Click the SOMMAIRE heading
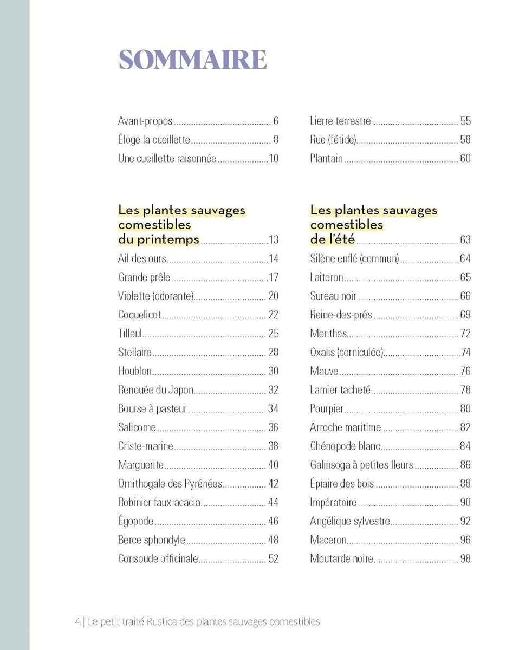[x=192, y=60]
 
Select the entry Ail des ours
[x=142, y=259]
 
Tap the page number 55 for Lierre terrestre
[x=465, y=121]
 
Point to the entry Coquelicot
[x=139, y=315]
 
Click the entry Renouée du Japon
[x=155, y=390]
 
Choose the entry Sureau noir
[x=333, y=296]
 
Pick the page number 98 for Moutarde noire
[x=465, y=559]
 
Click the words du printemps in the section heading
[x=159, y=239]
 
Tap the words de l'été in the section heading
[x=333, y=239]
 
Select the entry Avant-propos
[x=145, y=121]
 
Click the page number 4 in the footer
[x=78, y=622]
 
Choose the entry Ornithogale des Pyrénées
[x=170, y=484]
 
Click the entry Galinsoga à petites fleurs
[x=361, y=465]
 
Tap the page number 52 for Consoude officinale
[x=273, y=559]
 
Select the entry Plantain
[x=326, y=159]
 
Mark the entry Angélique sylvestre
[x=350, y=521]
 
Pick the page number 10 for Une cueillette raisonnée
[x=273, y=159]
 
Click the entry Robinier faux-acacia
[x=159, y=503]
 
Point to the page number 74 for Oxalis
[x=465, y=353]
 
